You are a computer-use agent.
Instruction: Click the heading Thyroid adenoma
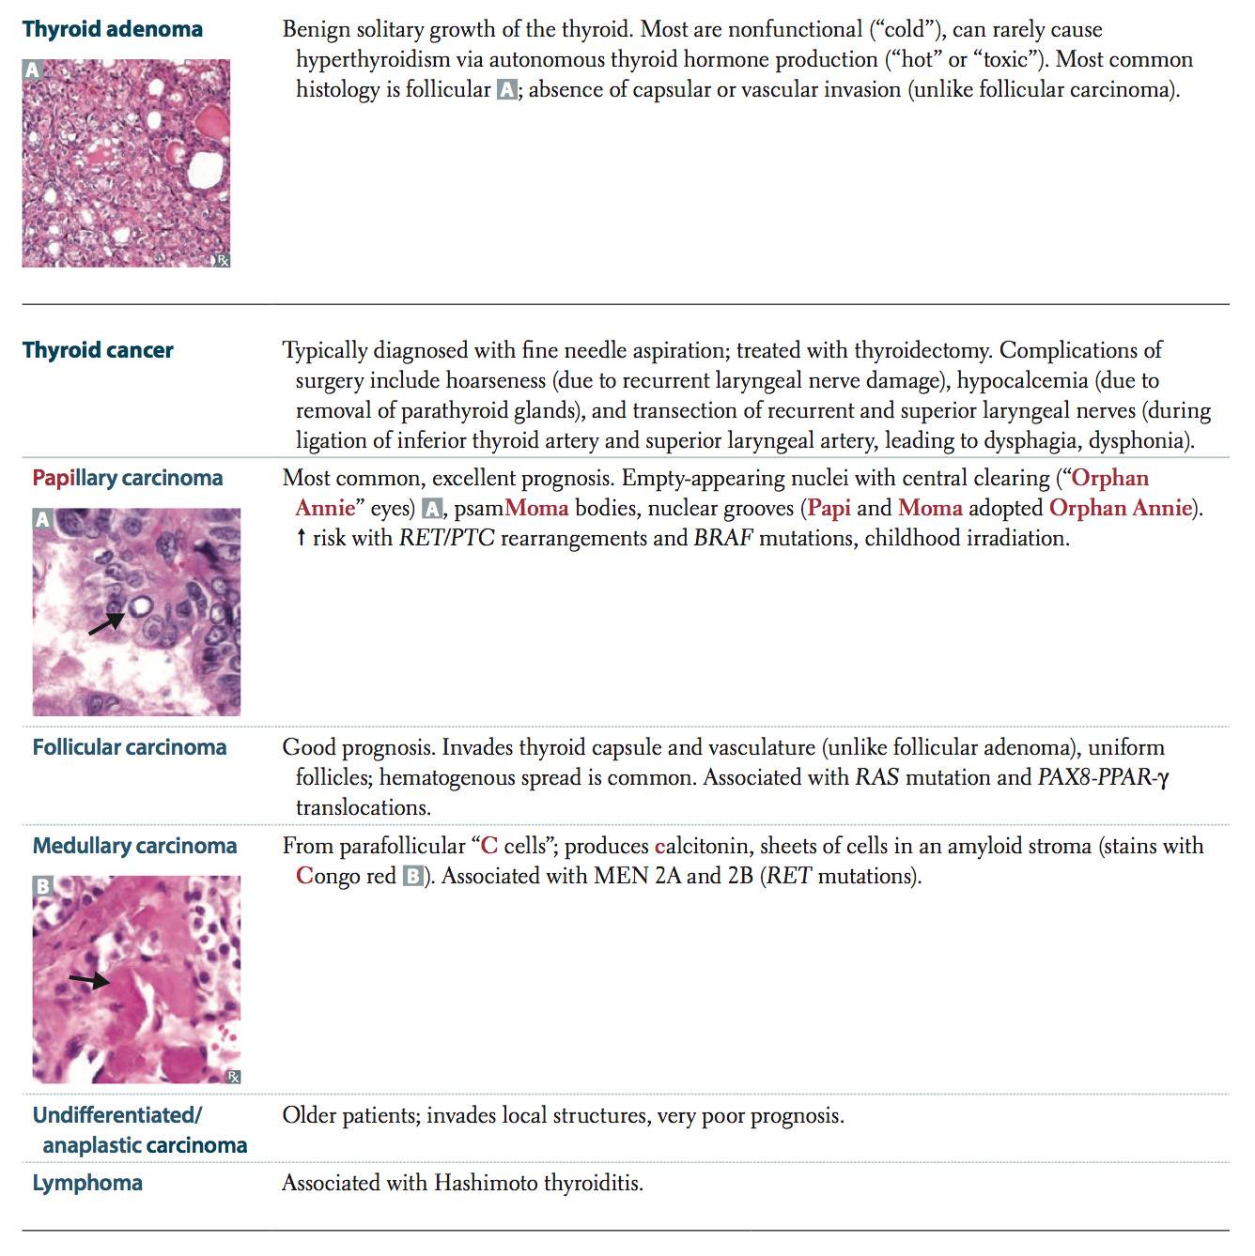click(x=112, y=29)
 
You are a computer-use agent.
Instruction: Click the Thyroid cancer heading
click(x=98, y=350)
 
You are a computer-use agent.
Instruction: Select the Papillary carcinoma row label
click(x=127, y=478)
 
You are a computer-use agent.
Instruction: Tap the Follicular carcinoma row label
click(x=130, y=747)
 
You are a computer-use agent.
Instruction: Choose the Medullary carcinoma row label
click(x=134, y=846)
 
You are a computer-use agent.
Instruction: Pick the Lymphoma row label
click(x=87, y=1182)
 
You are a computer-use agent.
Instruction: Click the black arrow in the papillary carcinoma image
click(x=106, y=623)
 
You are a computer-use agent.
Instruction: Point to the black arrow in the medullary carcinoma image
click(x=89, y=981)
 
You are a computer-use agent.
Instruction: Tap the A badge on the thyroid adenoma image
click(x=33, y=70)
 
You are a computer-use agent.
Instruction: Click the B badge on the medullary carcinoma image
click(x=42, y=885)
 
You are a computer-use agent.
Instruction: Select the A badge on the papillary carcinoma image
click(x=42, y=519)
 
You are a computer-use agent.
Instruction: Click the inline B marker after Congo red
click(x=412, y=877)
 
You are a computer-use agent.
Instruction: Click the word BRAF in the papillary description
click(x=723, y=539)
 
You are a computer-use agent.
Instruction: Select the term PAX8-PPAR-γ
click(x=1103, y=778)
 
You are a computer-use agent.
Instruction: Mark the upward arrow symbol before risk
click(x=302, y=539)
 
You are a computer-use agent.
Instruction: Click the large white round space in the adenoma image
click(x=204, y=170)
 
